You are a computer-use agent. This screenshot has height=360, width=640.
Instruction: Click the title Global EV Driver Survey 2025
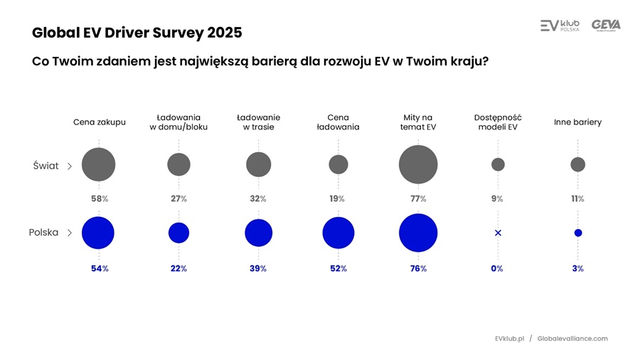pos(137,33)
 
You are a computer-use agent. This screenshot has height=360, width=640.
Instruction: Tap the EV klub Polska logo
pos(560,26)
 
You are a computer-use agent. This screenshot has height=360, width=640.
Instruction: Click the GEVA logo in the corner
pos(606,26)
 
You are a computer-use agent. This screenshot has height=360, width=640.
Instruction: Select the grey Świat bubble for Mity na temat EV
pos(418,164)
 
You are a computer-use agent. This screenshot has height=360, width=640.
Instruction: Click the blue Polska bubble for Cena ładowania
pos(338,233)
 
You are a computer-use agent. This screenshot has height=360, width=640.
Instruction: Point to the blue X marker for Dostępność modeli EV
pos(498,233)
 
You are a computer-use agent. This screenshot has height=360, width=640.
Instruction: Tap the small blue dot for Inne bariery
pos(578,233)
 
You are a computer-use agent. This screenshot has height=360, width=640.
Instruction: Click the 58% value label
pos(99,199)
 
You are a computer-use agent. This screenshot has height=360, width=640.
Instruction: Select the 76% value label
pos(418,269)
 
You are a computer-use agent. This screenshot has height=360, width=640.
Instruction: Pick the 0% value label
pos(497,269)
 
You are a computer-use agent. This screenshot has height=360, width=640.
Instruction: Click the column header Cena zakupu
pos(99,122)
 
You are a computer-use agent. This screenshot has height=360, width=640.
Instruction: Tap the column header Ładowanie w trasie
pos(258,122)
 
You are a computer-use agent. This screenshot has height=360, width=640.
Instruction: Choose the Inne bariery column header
pos(577,122)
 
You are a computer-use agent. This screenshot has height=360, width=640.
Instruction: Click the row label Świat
pos(46,166)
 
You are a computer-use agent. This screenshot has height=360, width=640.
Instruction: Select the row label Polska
pos(43,233)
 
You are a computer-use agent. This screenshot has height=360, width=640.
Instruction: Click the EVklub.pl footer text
pos(509,339)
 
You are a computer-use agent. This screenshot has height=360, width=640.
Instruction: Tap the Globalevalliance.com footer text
pos(572,339)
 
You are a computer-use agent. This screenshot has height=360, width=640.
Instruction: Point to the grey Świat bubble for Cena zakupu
pos(99,164)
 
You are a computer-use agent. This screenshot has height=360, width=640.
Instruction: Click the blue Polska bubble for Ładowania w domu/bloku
pos(178,233)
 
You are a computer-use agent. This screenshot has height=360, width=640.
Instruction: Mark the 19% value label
pos(337,199)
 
